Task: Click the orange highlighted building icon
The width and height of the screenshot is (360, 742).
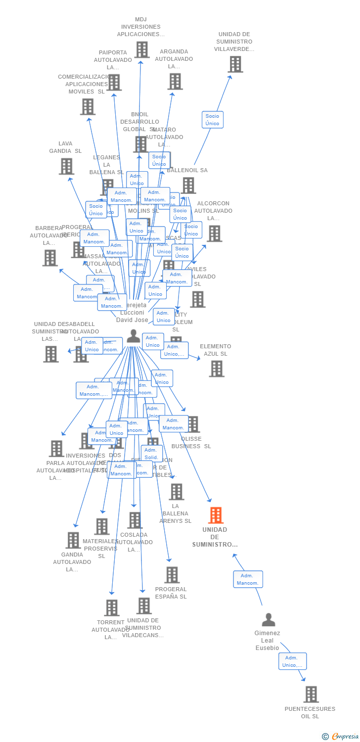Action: (216, 515)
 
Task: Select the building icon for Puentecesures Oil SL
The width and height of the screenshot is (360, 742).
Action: (311, 695)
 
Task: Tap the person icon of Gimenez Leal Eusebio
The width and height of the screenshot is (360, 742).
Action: (268, 620)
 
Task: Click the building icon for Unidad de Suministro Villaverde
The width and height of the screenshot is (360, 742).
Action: (235, 64)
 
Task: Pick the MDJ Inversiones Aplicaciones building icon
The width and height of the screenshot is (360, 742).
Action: (142, 49)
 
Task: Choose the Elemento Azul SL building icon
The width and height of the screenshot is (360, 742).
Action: (216, 369)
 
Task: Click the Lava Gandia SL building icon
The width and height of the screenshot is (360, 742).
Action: (66, 166)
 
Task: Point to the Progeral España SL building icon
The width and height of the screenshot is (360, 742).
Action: (172, 575)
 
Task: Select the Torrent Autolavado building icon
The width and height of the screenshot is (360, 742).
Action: (112, 607)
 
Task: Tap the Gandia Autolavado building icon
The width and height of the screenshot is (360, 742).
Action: (73, 540)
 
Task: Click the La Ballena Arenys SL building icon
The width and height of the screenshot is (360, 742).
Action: (176, 492)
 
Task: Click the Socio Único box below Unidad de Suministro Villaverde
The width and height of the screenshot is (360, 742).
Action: (212, 120)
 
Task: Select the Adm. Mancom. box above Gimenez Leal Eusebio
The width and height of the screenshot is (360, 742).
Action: (248, 579)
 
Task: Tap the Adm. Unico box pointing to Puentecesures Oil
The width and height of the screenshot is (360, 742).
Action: (292, 661)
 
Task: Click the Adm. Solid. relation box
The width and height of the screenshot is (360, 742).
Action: (151, 454)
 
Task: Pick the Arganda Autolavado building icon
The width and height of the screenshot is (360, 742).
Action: (175, 81)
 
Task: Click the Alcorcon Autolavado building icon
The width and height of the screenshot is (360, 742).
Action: (214, 233)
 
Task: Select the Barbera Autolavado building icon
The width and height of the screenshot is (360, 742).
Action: (50, 258)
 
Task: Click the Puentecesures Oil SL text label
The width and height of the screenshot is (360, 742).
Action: (310, 712)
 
